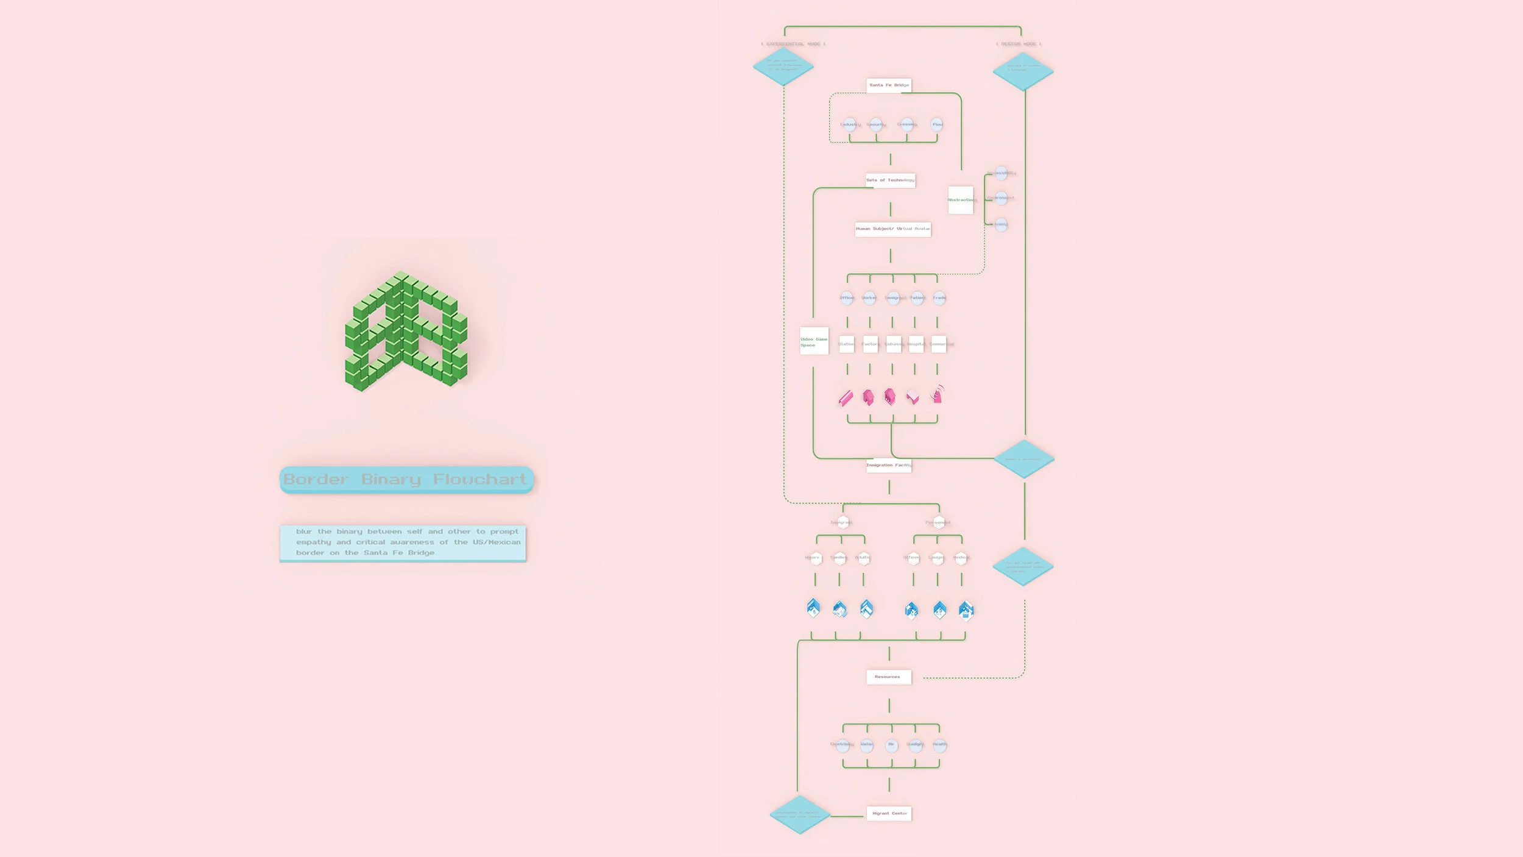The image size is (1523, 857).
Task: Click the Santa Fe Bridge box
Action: (x=889, y=85)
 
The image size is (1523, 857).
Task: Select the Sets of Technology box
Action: (x=890, y=180)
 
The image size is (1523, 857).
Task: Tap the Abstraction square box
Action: (x=961, y=200)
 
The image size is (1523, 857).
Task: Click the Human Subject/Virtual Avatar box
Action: (x=892, y=229)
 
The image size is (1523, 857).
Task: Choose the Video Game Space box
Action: (x=814, y=341)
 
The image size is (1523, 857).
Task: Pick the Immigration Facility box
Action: (x=889, y=465)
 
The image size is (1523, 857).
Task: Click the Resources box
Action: (x=889, y=677)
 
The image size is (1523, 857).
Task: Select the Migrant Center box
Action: (x=889, y=813)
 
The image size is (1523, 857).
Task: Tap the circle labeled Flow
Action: (x=937, y=124)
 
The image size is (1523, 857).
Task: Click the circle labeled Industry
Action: (x=849, y=124)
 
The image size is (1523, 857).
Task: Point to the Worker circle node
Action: (x=869, y=298)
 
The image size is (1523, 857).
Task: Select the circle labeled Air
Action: (x=891, y=745)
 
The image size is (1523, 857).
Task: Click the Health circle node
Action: (x=939, y=745)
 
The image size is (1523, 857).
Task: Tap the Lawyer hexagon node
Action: (x=937, y=558)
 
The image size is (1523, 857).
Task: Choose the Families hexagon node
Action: (x=839, y=558)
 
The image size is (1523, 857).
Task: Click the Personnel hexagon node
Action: (x=939, y=522)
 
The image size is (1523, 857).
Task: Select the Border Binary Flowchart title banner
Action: (x=406, y=480)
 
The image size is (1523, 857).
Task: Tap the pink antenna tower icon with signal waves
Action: (x=938, y=394)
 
